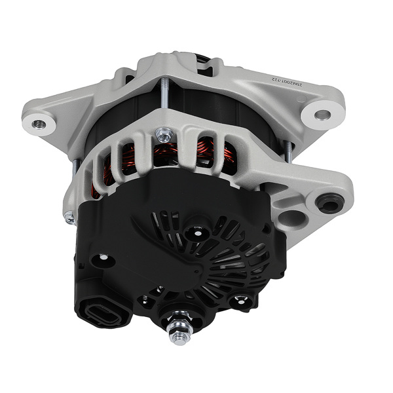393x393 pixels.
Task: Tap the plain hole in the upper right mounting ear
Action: (x=322, y=115)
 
